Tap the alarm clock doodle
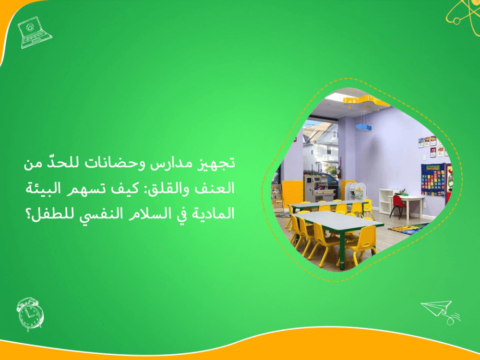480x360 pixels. [x=30, y=313]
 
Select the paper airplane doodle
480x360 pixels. [x=439, y=310]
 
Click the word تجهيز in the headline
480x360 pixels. [x=219, y=164]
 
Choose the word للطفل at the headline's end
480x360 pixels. [x=46, y=214]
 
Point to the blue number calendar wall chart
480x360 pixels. [x=432, y=180]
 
